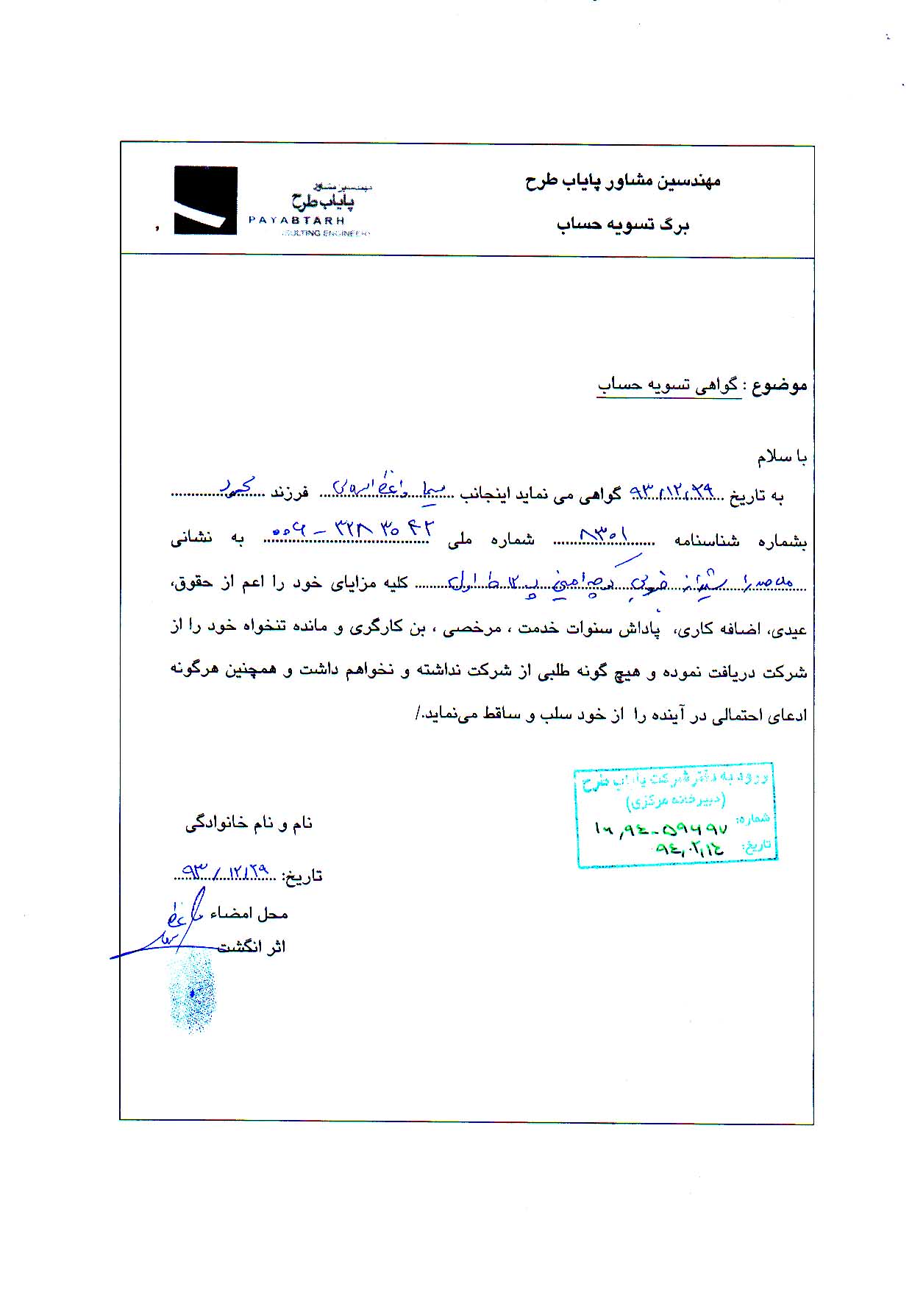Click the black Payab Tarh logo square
point(205,200)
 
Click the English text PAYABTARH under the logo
point(296,219)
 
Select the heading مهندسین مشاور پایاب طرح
point(622,181)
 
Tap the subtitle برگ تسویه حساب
point(622,224)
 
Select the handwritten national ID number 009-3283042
point(354,529)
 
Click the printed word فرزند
point(289,493)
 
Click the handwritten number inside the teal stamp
point(660,829)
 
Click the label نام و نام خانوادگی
point(249,823)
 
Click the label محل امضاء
point(249,913)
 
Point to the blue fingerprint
point(191,991)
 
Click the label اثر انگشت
point(252,947)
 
